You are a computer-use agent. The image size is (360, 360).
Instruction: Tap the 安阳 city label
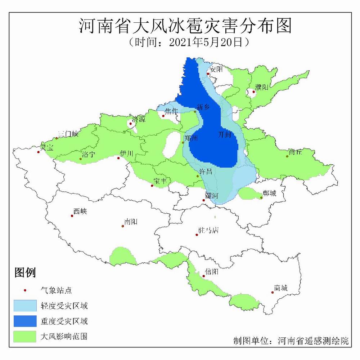[217, 69]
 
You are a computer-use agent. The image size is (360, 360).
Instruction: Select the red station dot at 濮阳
[253, 92]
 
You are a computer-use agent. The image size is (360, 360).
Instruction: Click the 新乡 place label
[203, 106]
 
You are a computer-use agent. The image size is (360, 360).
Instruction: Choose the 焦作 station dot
[163, 116]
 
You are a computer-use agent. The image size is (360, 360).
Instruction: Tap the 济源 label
[139, 119]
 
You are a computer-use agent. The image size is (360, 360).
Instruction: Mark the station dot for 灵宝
[38, 152]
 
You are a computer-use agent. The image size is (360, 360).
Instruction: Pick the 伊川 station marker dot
[118, 158]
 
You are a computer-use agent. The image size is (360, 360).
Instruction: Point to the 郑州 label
[191, 138]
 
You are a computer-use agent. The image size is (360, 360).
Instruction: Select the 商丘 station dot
[287, 156]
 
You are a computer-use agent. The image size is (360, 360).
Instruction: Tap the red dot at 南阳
[123, 226]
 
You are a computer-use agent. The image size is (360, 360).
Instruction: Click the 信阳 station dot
[204, 276]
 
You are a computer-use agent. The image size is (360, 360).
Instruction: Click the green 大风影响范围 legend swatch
[25, 336]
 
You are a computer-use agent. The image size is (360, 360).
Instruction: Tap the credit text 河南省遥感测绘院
[313, 341]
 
